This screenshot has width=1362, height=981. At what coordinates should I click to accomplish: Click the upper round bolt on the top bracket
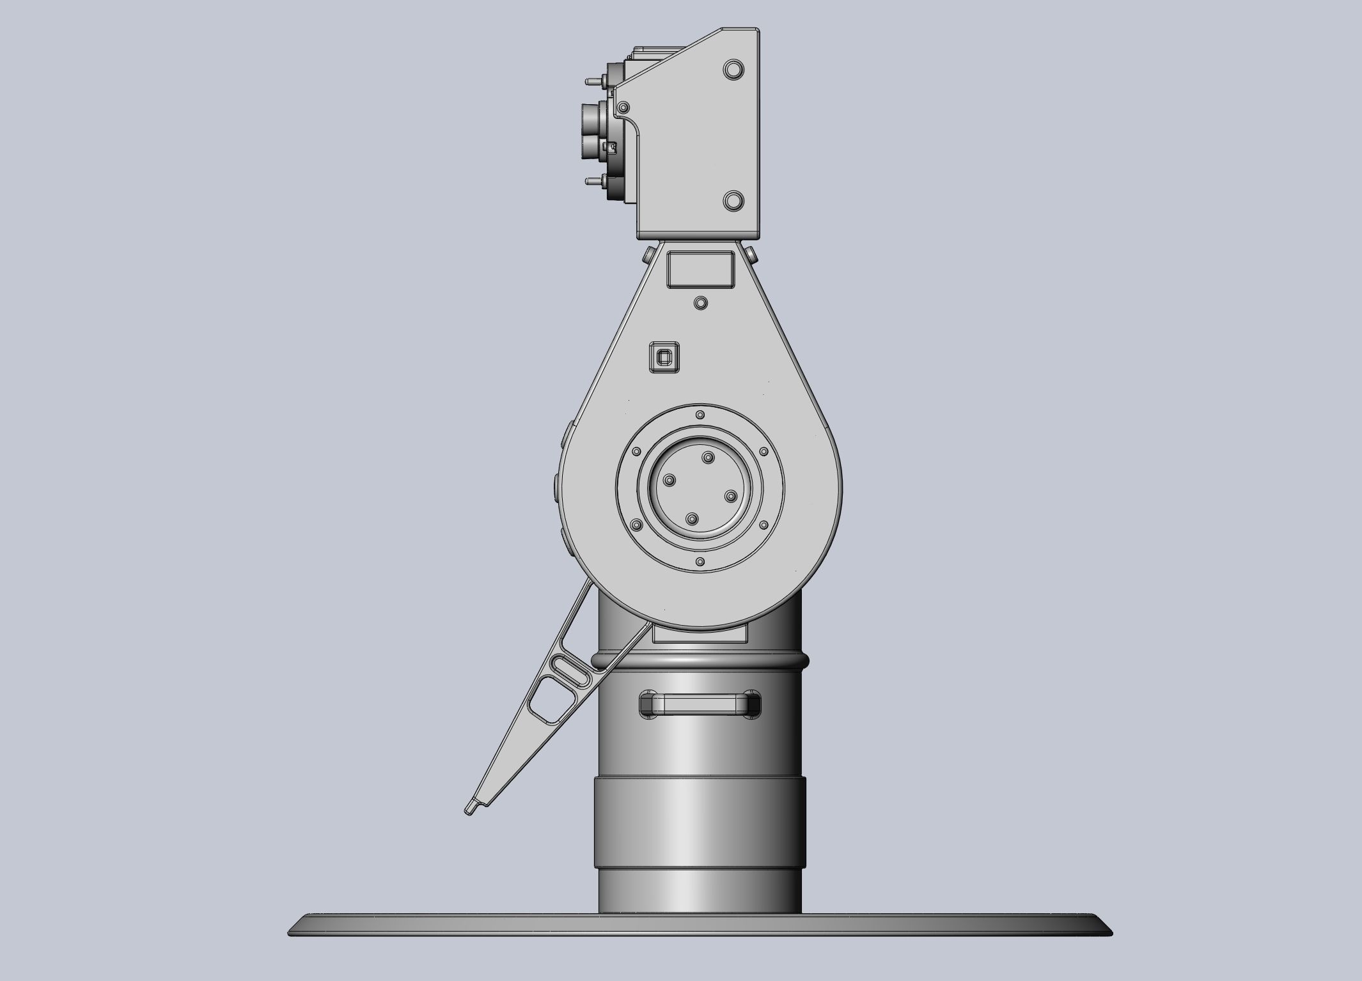(x=733, y=69)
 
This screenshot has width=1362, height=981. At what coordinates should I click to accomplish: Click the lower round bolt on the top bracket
(x=733, y=201)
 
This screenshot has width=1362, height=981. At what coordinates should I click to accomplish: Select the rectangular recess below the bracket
(x=700, y=269)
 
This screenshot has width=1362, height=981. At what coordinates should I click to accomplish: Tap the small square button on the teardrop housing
(x=664, y=357)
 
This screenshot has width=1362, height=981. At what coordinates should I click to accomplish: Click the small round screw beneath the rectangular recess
(x=701, y=302)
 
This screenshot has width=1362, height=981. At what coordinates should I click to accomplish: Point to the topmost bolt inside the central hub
(x=708, y=457)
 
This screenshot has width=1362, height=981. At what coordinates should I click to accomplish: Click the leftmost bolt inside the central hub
(x=669, y=480)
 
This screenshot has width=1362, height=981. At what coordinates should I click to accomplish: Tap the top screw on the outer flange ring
(x=700, y=415)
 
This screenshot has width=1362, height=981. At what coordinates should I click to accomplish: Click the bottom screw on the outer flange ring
(x=700, y=562)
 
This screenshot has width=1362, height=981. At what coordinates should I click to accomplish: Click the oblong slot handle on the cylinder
(x=700, y=705)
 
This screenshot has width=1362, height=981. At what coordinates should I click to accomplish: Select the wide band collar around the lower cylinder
(x=700, y=822)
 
